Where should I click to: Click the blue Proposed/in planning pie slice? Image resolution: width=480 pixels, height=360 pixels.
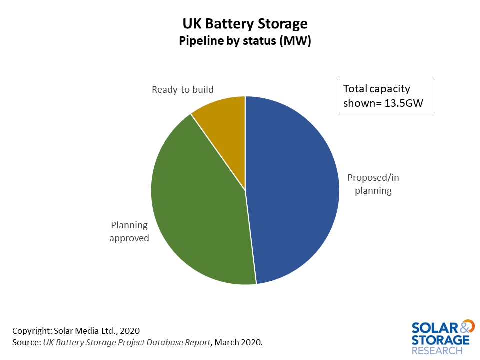295,190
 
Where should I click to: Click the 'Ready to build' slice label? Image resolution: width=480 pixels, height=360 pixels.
182,90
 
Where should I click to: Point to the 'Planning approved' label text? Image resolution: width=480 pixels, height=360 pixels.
129,231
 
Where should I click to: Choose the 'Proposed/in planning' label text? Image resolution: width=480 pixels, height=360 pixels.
373,184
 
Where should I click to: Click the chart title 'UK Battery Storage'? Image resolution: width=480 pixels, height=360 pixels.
245,24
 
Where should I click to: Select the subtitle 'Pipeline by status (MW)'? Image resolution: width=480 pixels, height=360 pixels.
245,42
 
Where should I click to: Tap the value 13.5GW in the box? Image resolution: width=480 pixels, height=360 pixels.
405,103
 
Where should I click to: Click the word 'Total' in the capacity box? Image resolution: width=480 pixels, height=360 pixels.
355,89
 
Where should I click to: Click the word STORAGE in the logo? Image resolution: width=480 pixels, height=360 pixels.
440,340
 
